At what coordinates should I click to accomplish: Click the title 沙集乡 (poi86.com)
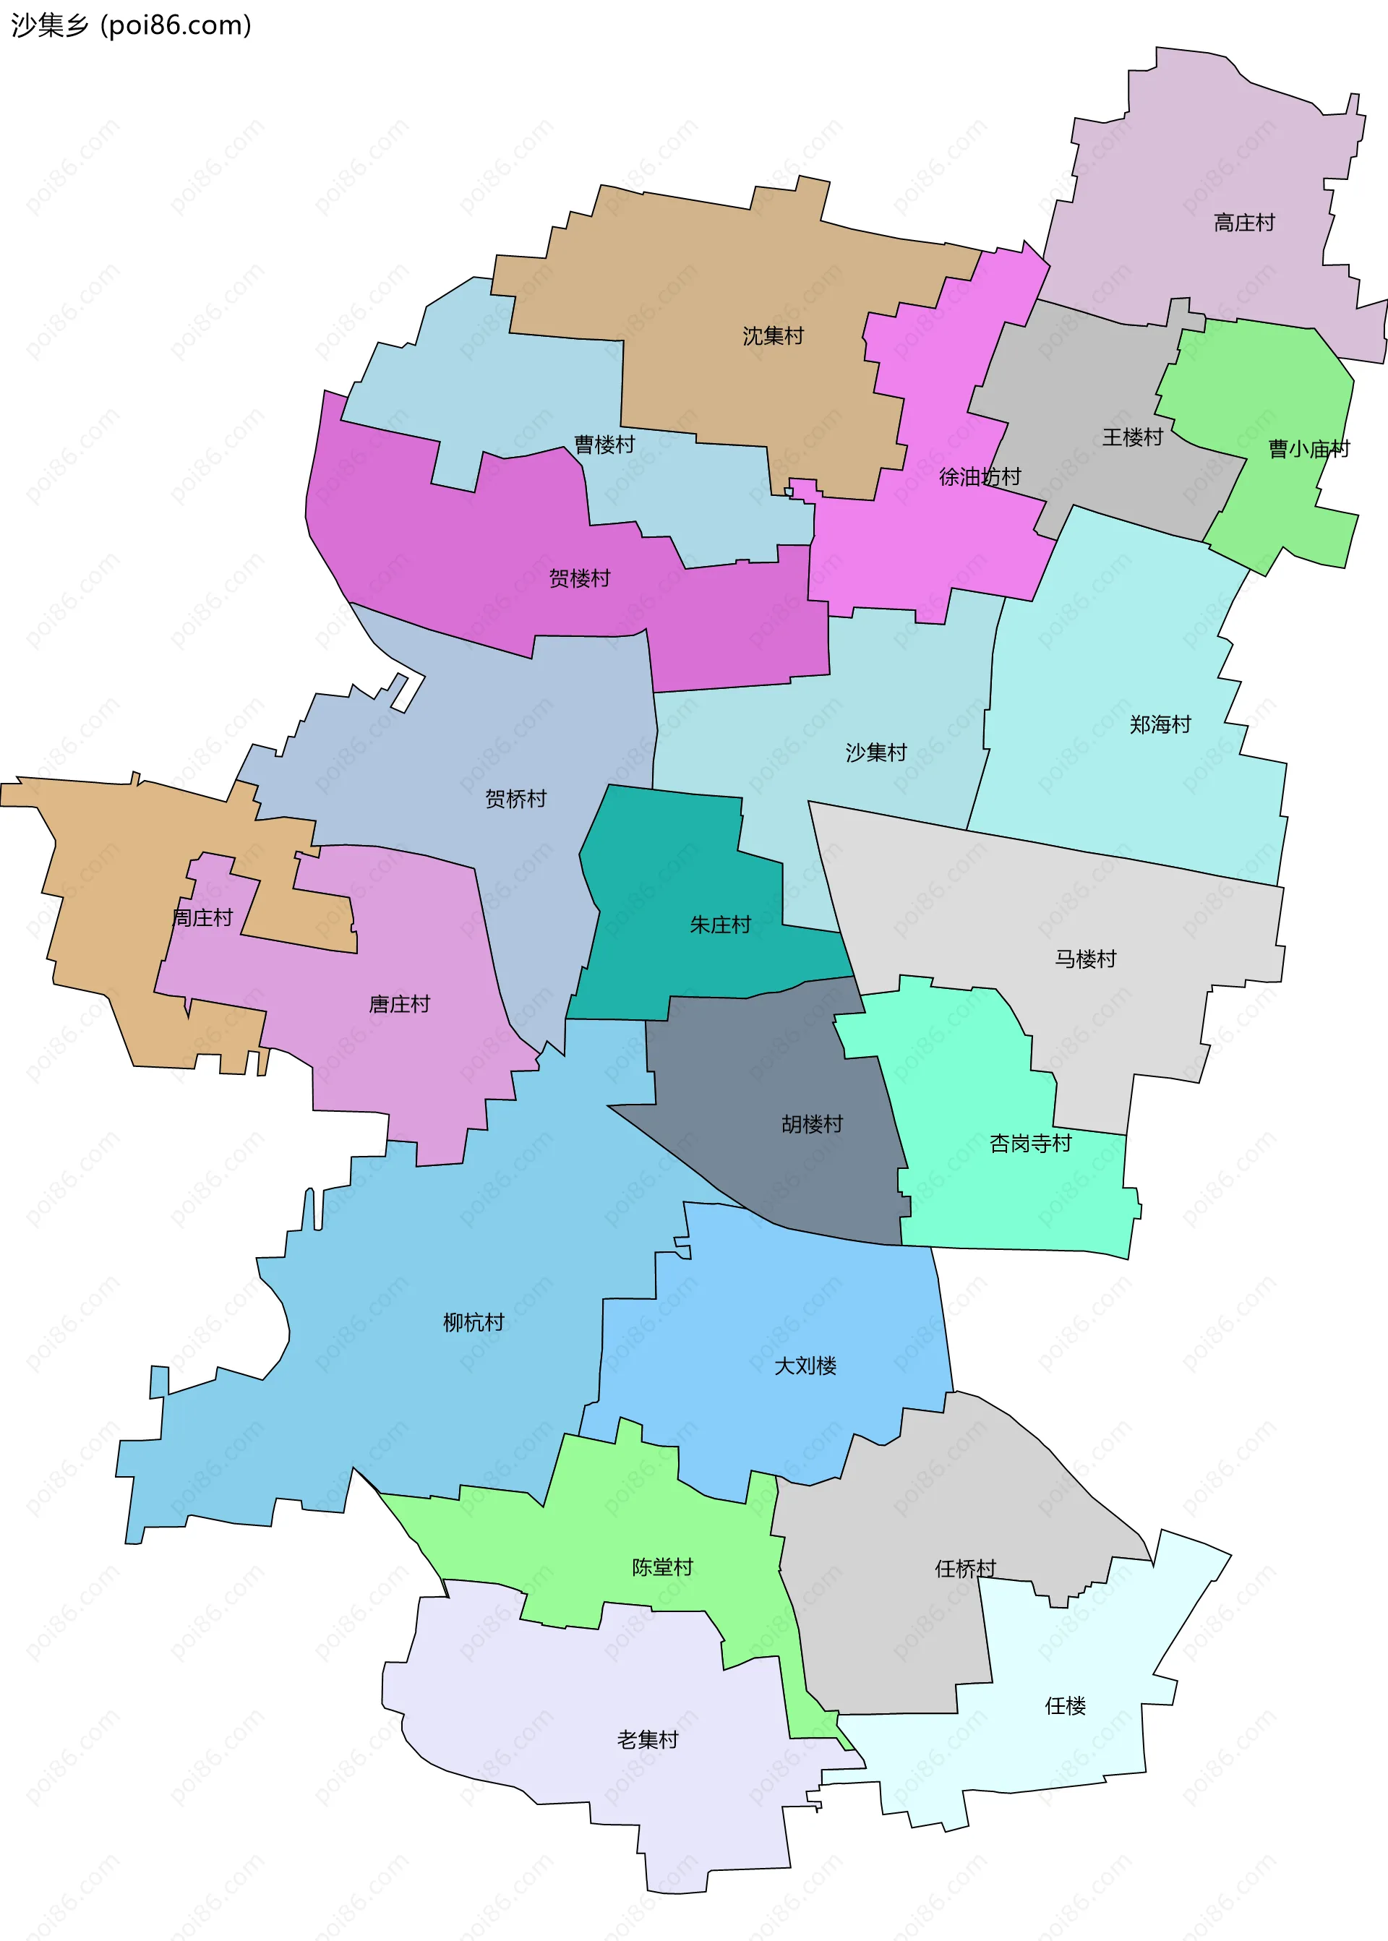[x=131, y=25]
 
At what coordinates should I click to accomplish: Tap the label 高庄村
[x=1243, y=223]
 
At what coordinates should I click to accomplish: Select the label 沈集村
[x=773, y=336]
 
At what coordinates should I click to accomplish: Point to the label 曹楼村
[x=604, y=445]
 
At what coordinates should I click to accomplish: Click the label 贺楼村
[x=580, y=578]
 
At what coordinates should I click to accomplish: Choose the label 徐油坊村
[x=980, y=477]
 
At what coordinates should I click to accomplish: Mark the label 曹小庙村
[x=1308, y=449]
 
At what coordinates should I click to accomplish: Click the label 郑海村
[x=1160, y=725]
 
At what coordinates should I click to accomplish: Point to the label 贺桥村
[x=515, y=798]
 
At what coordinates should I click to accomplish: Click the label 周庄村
[x=202, y=918]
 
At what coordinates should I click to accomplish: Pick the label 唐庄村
[x=399, y=1004]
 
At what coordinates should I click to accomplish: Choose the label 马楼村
[x=1084, y=959]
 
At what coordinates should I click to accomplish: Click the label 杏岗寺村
[x=1030, y=1144]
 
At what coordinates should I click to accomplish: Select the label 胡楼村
[x=812, y=1124]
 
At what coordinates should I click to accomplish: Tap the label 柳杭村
[x=474, y=1322]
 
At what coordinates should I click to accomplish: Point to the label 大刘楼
[x=805, y=1366]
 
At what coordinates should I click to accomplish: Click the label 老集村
[x=647, y=1733]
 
